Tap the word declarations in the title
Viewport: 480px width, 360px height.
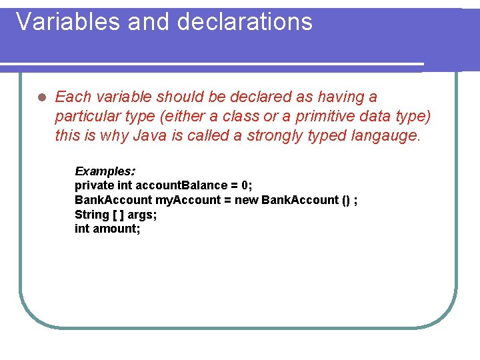pyautogui.click(x=245, y=22)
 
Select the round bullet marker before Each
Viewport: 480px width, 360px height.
pyautogui.click(x=40, y=97)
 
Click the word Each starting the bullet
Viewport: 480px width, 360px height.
pyautogui.click(x=71, y=97)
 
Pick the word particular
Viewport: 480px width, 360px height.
pyautogui.click(x=87, y=117)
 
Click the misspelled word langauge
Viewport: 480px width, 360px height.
pyautogui.click(x=386, y=136)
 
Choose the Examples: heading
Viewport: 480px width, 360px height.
pyautogui.click(x=105, y=171)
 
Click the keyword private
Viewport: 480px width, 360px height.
pyautogui.click(x=94, y=185)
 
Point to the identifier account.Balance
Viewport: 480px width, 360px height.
pyautogui.click(x=179, y=185)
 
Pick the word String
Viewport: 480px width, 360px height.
pyautogui.click(x=92, y=215)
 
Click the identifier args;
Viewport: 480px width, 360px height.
pyautogui.click(x=142, y=215)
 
